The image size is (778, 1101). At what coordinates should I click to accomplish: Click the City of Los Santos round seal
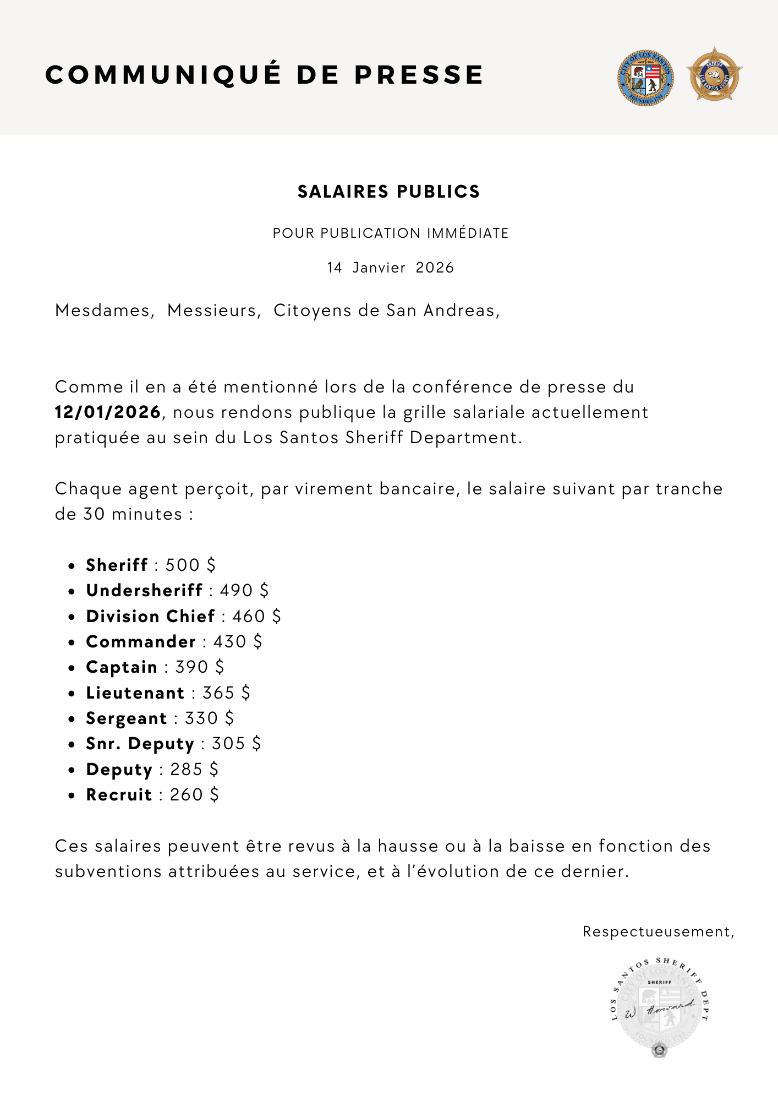(x=645, y=78)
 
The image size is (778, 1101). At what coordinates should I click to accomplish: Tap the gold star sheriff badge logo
(x=714, y=75)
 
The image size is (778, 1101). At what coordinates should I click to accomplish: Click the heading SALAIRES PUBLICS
(x=388, y=192)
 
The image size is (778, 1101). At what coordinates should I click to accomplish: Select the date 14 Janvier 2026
(x=390, y=268)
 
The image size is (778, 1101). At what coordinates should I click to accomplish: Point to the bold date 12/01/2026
(x=108, y=412)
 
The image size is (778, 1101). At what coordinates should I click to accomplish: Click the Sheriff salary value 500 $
(x=190, y=565)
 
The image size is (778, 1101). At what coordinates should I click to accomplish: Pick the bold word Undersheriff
(x=144, y=590)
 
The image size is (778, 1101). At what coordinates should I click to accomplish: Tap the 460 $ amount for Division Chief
(x=256, y=616)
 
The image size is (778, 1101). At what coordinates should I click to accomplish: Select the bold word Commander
(x=141, y=641)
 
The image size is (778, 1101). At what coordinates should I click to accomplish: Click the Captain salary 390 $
(x=199, y=667)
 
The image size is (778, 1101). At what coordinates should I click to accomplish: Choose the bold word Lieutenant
(x=135, y=693)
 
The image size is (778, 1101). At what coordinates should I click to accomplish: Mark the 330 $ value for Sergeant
(x=209, y=718)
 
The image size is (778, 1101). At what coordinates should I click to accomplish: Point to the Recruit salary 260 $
(x=194, y=794)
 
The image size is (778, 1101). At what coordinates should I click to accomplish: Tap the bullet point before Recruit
(x=72, y=795)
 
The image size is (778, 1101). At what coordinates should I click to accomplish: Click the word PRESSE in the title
(x=419, y=75)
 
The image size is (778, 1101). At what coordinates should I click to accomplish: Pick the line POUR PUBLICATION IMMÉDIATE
(x=390, y=233)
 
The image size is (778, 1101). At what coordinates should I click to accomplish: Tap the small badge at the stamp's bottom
(x=659, y=1050)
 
